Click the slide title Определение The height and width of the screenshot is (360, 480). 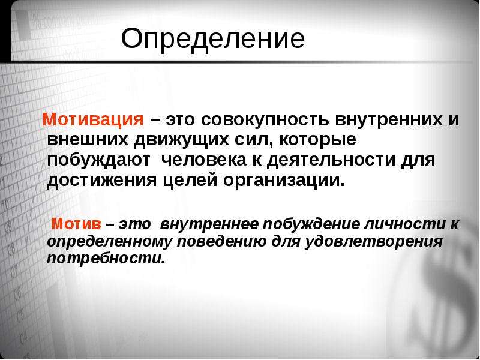tap(213, 39)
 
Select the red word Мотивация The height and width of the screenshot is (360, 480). tap(93, 119)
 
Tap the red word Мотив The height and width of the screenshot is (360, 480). tap(76, 224)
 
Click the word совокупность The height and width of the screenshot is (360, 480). tap(265, 119)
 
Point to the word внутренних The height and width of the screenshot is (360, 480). tap(389, 119)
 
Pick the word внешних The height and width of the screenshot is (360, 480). tap(87, 140)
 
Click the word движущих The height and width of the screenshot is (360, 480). tap(182, 140)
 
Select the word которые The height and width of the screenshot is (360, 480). tap(318, 140)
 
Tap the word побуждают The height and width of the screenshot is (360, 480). tap(98, 160)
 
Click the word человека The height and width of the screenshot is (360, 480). tap(203, 160)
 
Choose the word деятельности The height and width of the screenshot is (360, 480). tap(331, 160)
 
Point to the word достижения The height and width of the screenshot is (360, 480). tap(101, 181)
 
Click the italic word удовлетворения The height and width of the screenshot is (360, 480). tap(374, 242)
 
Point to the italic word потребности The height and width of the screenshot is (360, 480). tap(106, 259)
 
